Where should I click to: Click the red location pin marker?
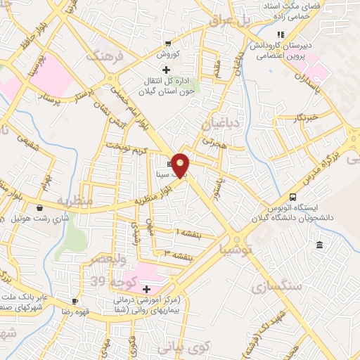pyautogui.click(x=181, y=164)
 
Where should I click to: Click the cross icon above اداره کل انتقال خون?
pyautogui.click(x=166, y=70)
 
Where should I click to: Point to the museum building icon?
pyautogui.click(x=320, y=245)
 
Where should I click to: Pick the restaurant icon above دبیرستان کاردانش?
pyautogui.click(x=281, y=34)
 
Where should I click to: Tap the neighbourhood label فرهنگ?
pyautogui.click(x=104, y=56)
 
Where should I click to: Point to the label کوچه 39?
pyautogui.click(x=112, y=281)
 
